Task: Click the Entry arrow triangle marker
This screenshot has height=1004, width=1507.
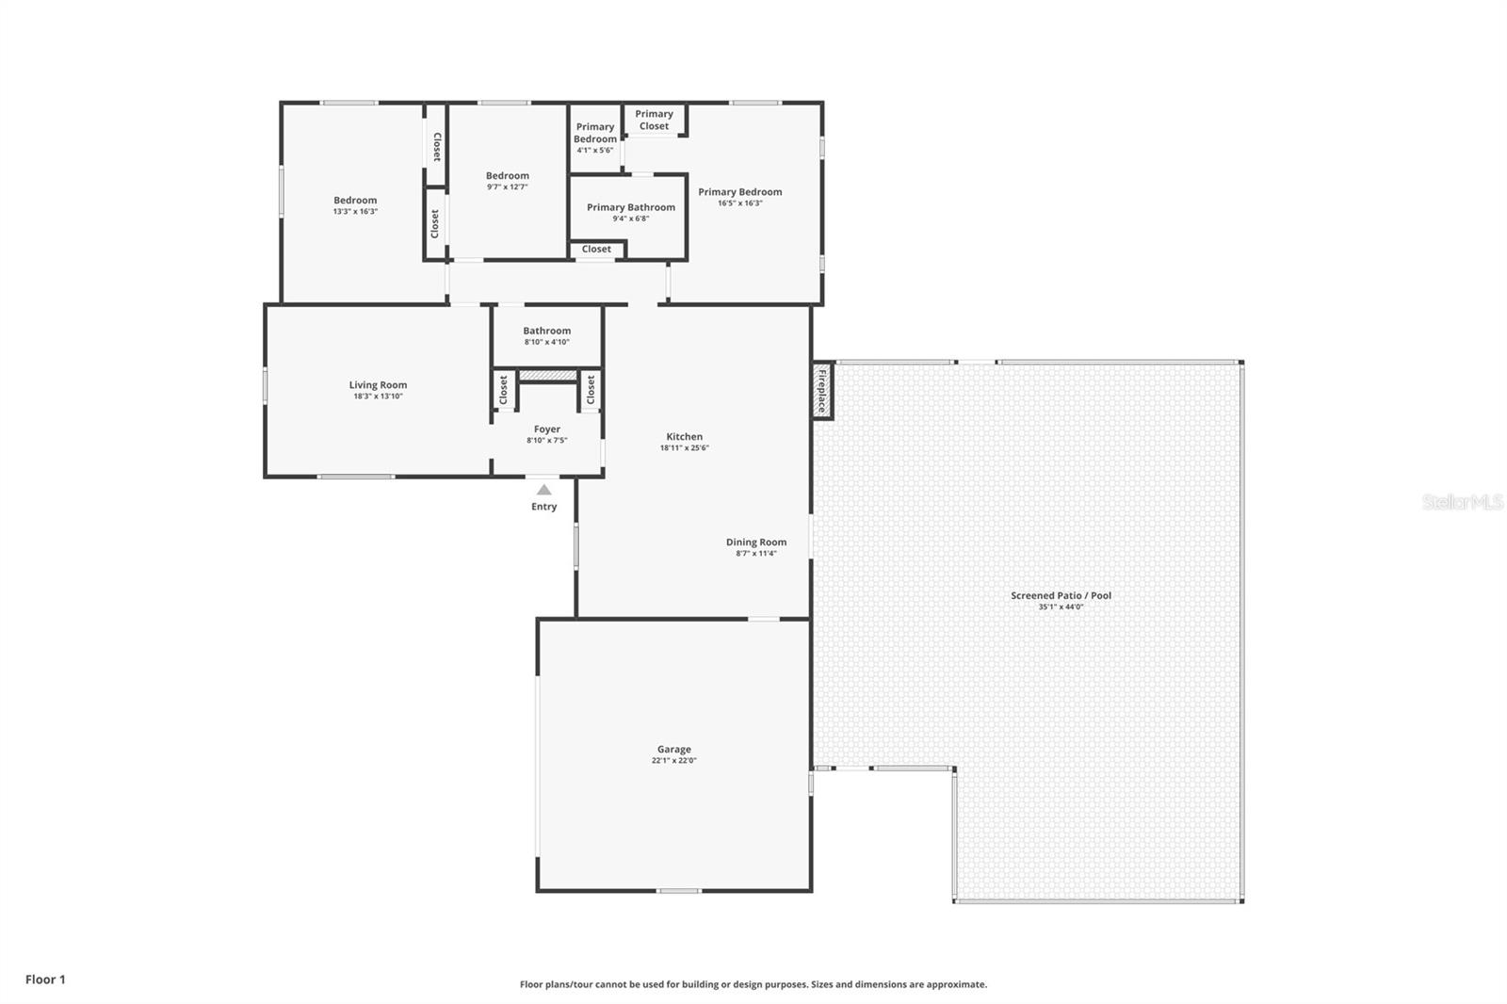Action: click(543, 490)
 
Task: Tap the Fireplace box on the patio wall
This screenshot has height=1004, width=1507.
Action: click(822, 391)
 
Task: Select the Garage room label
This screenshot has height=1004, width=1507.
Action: click(673, 750)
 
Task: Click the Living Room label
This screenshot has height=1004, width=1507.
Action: click(378, 385)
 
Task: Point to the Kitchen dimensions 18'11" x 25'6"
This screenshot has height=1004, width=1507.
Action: click(684, 448)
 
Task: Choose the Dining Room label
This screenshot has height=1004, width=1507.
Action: click(755, 542)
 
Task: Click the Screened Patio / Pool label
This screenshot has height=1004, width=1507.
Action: click(1061, 595)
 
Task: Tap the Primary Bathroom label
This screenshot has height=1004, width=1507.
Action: click(630, 207)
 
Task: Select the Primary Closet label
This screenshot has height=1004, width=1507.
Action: click(654, 120)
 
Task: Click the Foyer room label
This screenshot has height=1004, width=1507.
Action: click(546, 429)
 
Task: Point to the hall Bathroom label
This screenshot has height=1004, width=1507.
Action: click(546, 331)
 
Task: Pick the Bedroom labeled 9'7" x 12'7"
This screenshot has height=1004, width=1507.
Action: click(507, 176)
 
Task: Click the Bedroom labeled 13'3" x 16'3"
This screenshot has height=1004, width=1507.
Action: click(355, 201)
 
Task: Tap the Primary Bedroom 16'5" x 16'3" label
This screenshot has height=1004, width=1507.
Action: click(739, 192)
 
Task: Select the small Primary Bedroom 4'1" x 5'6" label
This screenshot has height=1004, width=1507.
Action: click(594, 133)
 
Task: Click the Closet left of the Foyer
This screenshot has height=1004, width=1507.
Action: click(503, 389)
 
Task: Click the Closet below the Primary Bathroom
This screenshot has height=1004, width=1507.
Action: click(596, 250)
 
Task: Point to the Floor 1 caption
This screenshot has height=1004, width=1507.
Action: click(45, 980)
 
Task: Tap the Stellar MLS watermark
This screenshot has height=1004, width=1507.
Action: click(1462, 502)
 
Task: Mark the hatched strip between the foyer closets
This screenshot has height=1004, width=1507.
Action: click(547, 376)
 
